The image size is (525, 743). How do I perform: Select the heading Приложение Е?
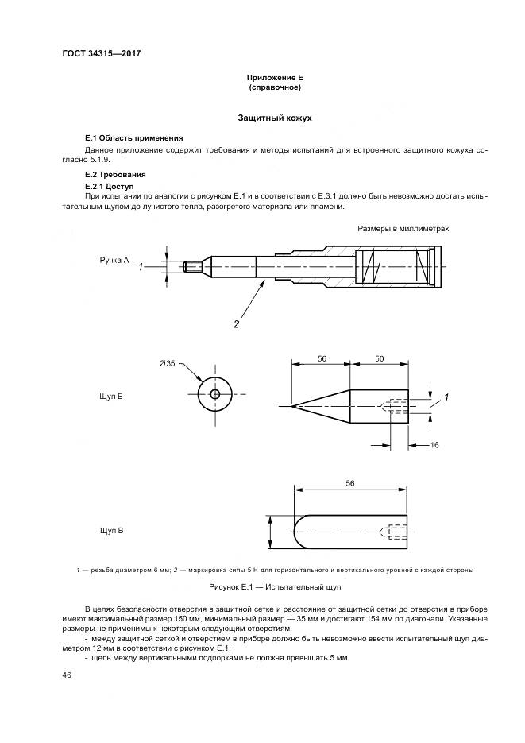[x=276, y=77]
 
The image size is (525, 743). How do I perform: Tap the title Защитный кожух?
[x=276, y=118]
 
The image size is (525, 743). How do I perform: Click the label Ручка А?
[x=114, y=260]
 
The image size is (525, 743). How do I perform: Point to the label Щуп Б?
[x=111, y=395]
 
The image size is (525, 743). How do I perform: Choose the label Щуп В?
[x=111, y=528]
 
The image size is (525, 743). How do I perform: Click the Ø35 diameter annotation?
[x=167, y=364]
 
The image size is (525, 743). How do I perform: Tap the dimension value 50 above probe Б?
[x=380, y=359]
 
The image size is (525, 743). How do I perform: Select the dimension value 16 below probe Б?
[x=434, y=446]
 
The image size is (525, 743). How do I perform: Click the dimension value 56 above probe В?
[x=350, y=482]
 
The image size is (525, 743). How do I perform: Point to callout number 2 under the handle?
[x=236, y=323]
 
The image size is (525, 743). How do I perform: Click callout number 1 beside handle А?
[x=140, y=268]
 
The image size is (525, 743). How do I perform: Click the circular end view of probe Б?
[x=215, y=394]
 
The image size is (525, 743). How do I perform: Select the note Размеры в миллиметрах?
[x=403, y=229]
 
